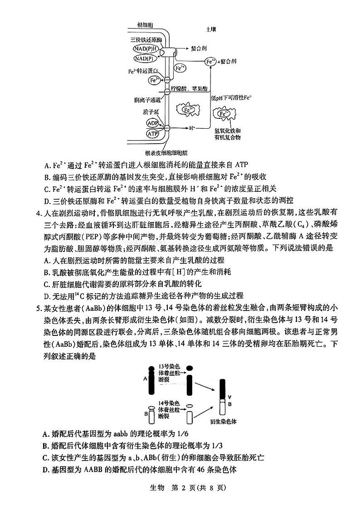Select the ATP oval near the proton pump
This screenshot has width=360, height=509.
pos(153,133)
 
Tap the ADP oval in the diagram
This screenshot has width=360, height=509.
pos(152,123)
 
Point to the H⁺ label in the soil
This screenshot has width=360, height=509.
pos(192,128)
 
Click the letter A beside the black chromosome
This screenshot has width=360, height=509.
pos(145,377)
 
